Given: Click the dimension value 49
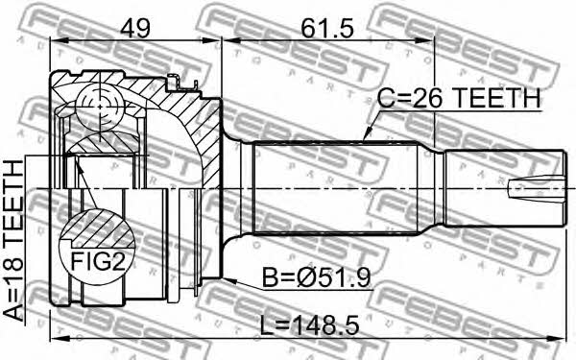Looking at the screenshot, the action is point(136,29).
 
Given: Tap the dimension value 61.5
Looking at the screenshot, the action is point(327,29).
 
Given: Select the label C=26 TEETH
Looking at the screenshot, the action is point(460,99).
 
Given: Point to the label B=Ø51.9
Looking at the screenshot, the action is point(316,277).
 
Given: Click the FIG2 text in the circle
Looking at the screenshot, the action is point(98,261).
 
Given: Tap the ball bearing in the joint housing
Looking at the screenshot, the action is point(99,106).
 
